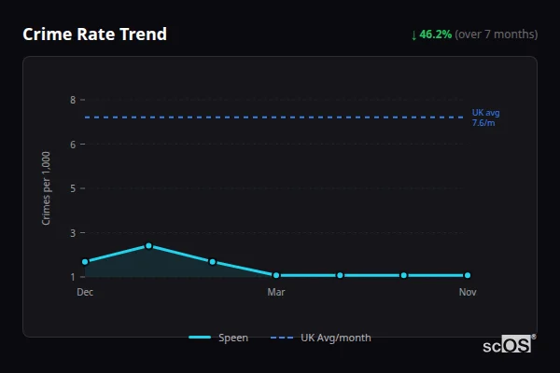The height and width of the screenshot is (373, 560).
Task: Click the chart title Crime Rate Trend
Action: [94, 35]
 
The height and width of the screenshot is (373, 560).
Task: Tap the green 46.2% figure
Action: [436, 35]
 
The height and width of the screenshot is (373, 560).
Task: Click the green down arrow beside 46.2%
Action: [414, 35]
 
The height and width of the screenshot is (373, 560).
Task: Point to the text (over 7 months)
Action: [497, 35]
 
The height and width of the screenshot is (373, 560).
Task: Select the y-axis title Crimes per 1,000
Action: [47, 187]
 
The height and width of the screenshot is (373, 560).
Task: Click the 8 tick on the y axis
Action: [72, 100]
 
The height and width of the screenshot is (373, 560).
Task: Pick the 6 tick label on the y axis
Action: [72, 144]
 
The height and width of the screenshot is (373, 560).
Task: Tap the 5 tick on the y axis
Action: [72, 188]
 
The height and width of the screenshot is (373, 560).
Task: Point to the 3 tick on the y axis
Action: [72, 232]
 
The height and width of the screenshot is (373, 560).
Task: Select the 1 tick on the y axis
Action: [72, 277]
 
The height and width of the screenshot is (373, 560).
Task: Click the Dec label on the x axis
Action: [85, 292]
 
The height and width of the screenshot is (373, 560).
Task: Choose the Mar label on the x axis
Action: [276, 292]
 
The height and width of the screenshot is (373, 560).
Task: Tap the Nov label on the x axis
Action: [468, 292]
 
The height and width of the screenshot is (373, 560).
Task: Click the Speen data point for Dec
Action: [85, 262]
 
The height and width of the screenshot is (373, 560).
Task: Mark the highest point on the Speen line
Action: [148, 246]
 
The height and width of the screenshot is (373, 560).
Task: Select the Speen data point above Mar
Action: [276, 275]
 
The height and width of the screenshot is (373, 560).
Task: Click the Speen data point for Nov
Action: [468, 275]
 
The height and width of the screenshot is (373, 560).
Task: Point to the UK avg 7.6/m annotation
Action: [485, 117]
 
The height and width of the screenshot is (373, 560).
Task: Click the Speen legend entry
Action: [219, 338]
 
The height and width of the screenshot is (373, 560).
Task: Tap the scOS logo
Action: [508, 345]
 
